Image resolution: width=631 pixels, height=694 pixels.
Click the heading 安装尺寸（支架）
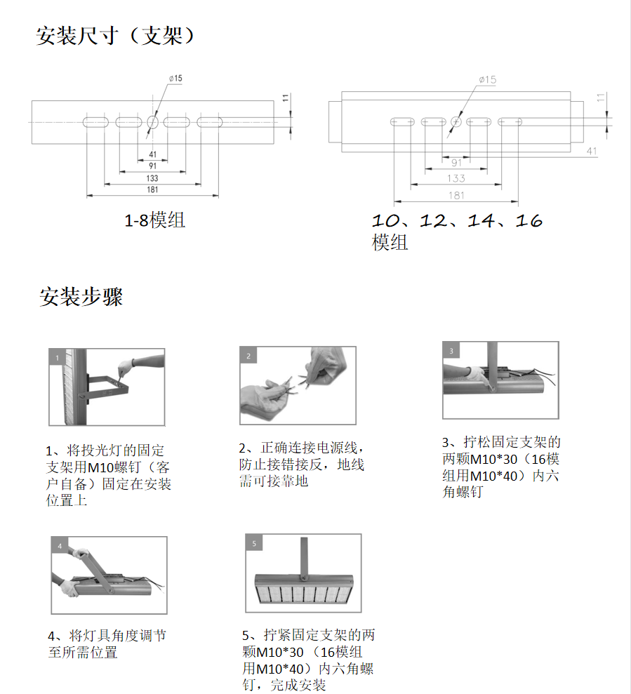click(115, 36)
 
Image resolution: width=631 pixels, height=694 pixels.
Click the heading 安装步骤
click(81, 297)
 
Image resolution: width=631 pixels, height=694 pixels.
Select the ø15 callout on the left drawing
click(175, 79)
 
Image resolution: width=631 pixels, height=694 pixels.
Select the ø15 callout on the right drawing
click(487, 80)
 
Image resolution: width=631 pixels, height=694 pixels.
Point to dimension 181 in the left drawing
click(152, 190)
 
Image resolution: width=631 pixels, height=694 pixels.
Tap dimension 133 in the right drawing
click(456, 179)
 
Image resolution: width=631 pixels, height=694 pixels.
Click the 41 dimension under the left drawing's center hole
click(153, 154)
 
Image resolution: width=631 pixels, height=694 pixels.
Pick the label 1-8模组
click(154, 220)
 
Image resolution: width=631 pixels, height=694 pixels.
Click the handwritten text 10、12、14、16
click(457, 221)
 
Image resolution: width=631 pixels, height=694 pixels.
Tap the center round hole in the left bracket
click(153, 122)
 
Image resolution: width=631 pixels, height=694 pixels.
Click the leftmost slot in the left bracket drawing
click(96, 122)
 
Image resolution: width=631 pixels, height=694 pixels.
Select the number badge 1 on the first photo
click(57, 357)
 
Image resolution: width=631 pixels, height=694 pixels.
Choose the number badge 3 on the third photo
click(451, 350)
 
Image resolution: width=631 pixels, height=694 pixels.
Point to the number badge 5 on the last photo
click(253, 542)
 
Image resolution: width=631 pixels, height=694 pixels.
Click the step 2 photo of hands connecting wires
click(298, 386)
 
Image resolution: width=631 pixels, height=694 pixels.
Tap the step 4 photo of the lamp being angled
click(109, 575)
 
